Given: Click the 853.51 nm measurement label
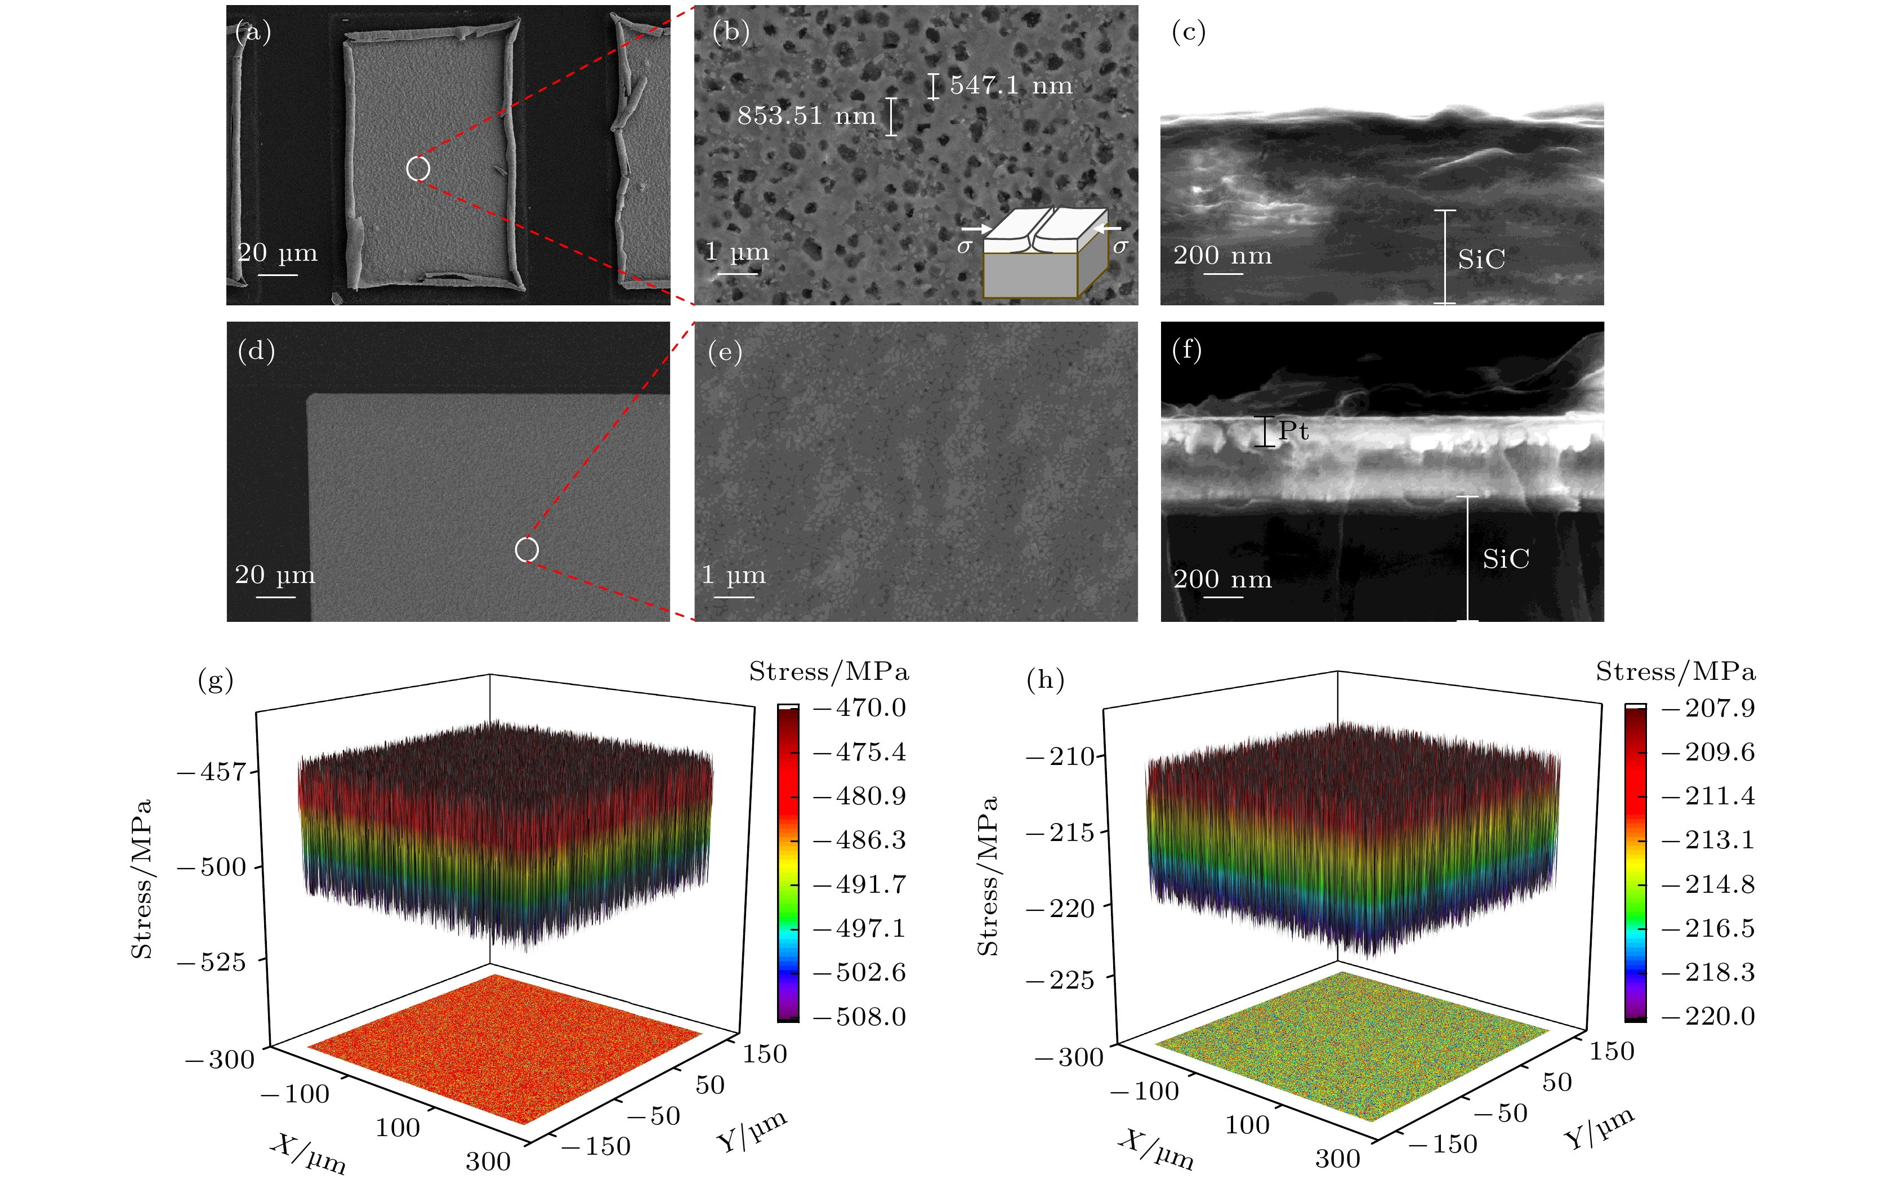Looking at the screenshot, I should [806, 116].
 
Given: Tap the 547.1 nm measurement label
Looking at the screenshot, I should [1010, 85].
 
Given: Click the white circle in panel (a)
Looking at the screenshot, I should [418, 168].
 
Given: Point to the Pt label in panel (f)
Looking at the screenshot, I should [1293, 430].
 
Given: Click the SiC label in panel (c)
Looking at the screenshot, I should [1480, 259].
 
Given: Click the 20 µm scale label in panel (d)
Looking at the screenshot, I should [275, 575].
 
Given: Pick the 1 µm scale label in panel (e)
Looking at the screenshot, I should [733, 575].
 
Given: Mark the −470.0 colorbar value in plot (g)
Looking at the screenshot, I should [860, 708].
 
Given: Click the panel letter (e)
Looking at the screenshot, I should [725, 351].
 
